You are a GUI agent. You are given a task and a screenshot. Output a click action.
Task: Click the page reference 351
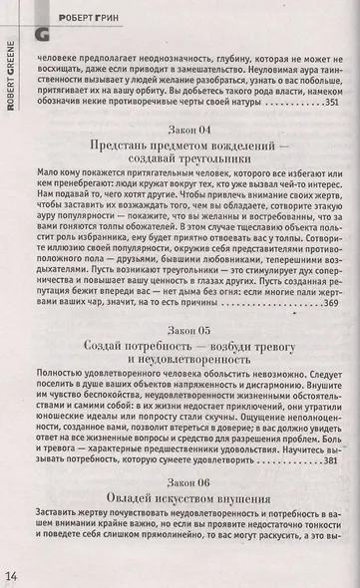pos(337,103)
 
